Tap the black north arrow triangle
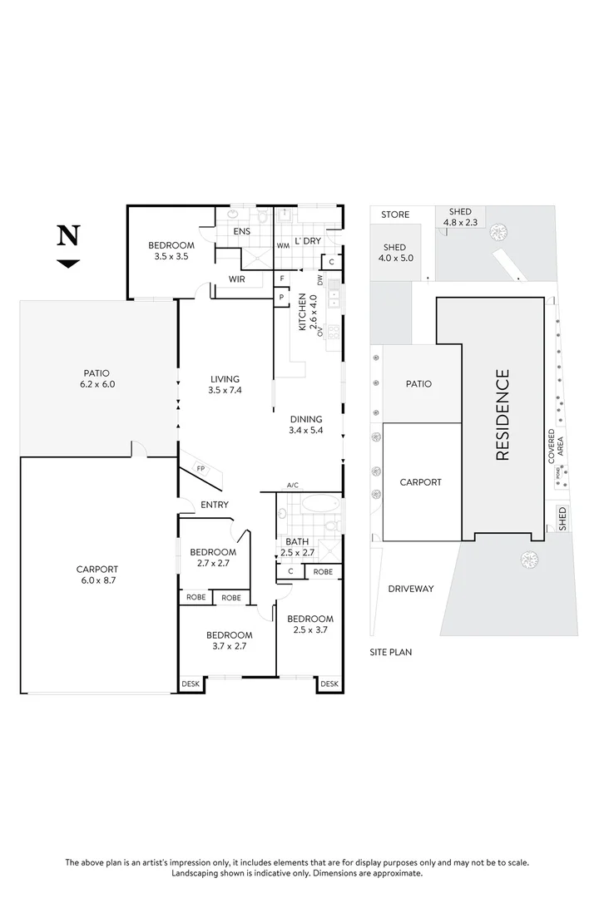pos(68,264)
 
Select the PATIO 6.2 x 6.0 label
pos(97,379)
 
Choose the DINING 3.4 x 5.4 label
pos(305,424)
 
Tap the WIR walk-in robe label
pos(237,279)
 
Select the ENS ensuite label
pos(242,231)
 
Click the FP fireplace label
pos(200,469)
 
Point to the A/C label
pos(292,485)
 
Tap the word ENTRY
pos(215,505)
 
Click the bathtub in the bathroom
pos(319,504)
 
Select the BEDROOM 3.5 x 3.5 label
pos(171,250)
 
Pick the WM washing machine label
pos(283,245)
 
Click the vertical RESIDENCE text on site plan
pos(502,415)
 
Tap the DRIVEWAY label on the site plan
pos(411,589)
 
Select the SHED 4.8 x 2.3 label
pos(460,217)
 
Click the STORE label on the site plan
pos(395,215)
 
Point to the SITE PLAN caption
pos(391,653)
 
